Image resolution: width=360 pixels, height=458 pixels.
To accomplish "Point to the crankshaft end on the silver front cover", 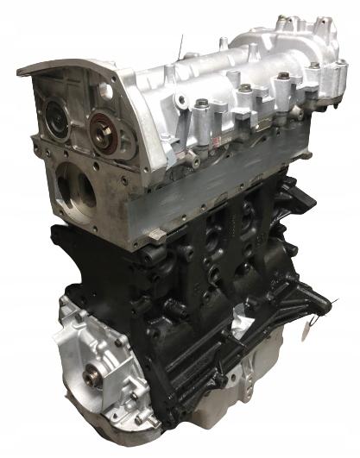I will pyautogui.click(x=92, y=374).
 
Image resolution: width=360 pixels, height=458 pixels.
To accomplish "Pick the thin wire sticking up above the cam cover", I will pyautogui.click(x=180, y=45).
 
